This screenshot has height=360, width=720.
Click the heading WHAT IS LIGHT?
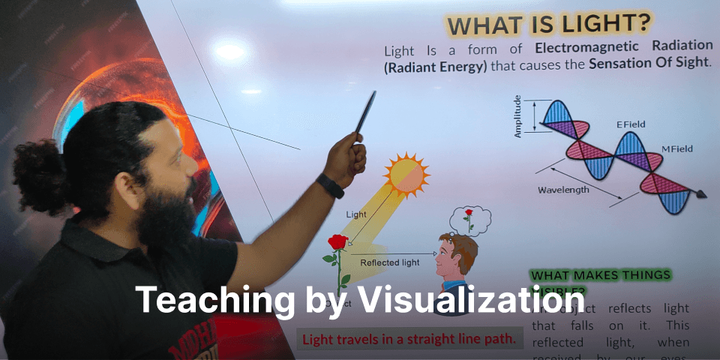(548, 24)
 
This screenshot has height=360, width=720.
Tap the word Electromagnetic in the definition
(582, 49)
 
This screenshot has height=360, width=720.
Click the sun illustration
(406, 174)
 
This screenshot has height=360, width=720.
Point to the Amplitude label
(517, 116)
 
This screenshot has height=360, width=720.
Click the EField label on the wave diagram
(630, 124)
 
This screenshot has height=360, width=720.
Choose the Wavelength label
(563, 190)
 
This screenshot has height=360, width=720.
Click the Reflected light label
(389, 262)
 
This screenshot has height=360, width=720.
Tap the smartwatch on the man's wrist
(330, 184)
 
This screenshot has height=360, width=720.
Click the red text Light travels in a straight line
(409, 339)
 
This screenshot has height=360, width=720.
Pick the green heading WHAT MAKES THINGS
(600, 275)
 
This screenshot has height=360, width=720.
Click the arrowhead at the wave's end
(703, 195)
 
